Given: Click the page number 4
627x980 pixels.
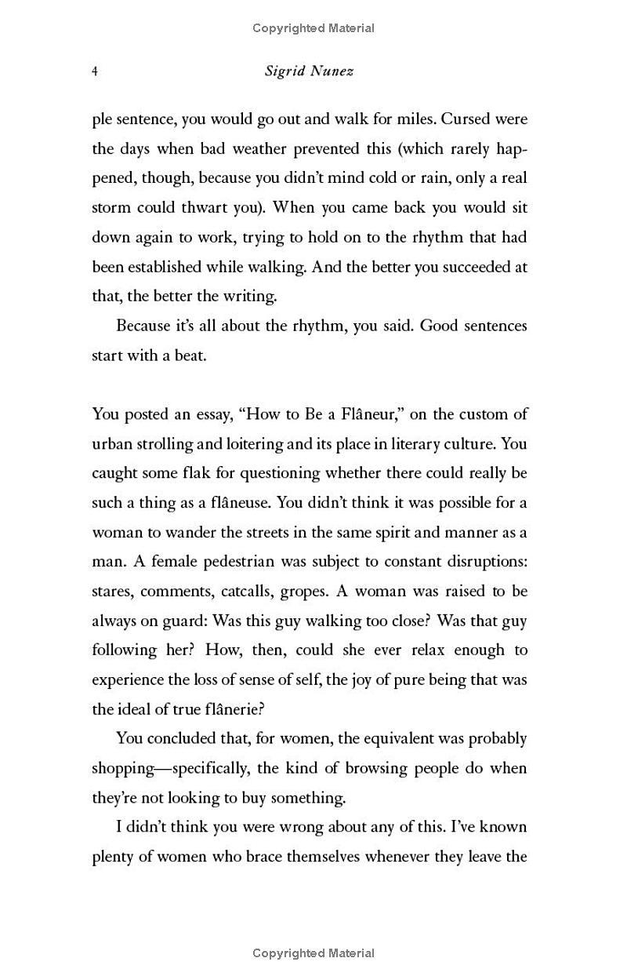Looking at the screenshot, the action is click(95, 71).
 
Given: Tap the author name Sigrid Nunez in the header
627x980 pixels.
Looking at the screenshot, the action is click(309, 71).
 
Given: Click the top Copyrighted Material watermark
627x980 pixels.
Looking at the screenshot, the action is click(313, 28).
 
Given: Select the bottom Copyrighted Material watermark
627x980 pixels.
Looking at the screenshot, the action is click(313, 953).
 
